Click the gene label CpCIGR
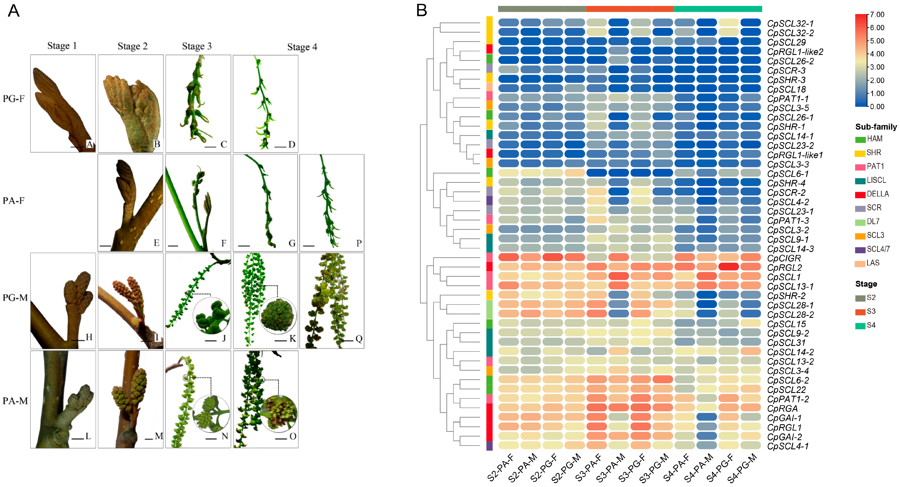pyautogui.click(x=784, y=258)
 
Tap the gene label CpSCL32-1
pyautogui.click(x=790, y=23)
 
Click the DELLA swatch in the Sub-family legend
pyautogui.click(x=860, y=194)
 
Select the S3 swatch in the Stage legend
pyautogui.click(x=860, y=311)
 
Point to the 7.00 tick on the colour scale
pyautogui.click(x=877, y=15)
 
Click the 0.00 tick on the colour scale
pyautogui.click(x=877, y=107)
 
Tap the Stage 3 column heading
pyautogui.click(x=197, y=46)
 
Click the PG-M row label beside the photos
pyautogui.click(x=15, y=298)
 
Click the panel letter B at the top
pyautogui.click(x=422, y=10)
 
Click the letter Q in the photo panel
pyautogui.click(x=359, y=338)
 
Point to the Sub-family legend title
pyautogui.click(x=876, y=127)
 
